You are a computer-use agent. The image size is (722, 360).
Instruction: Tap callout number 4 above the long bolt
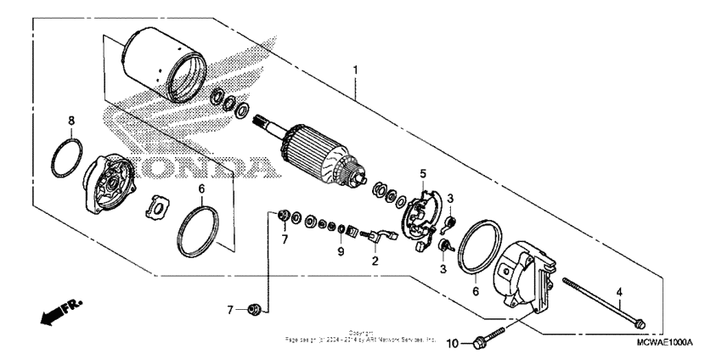click(620, 292)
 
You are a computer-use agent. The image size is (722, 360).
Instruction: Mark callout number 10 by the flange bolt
click(453, 342)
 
